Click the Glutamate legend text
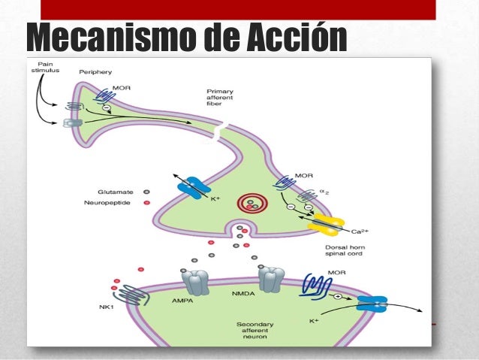coord(115,191)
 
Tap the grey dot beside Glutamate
coord(146,191)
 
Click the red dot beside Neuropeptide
coord(146,203)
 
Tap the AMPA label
coord(188,300)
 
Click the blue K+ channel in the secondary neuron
coord(371,303)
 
